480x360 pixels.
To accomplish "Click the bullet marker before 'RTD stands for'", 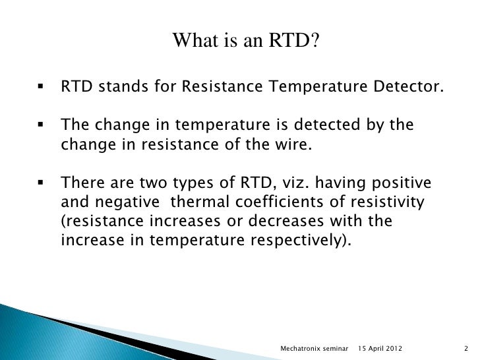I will click(41, 87).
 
